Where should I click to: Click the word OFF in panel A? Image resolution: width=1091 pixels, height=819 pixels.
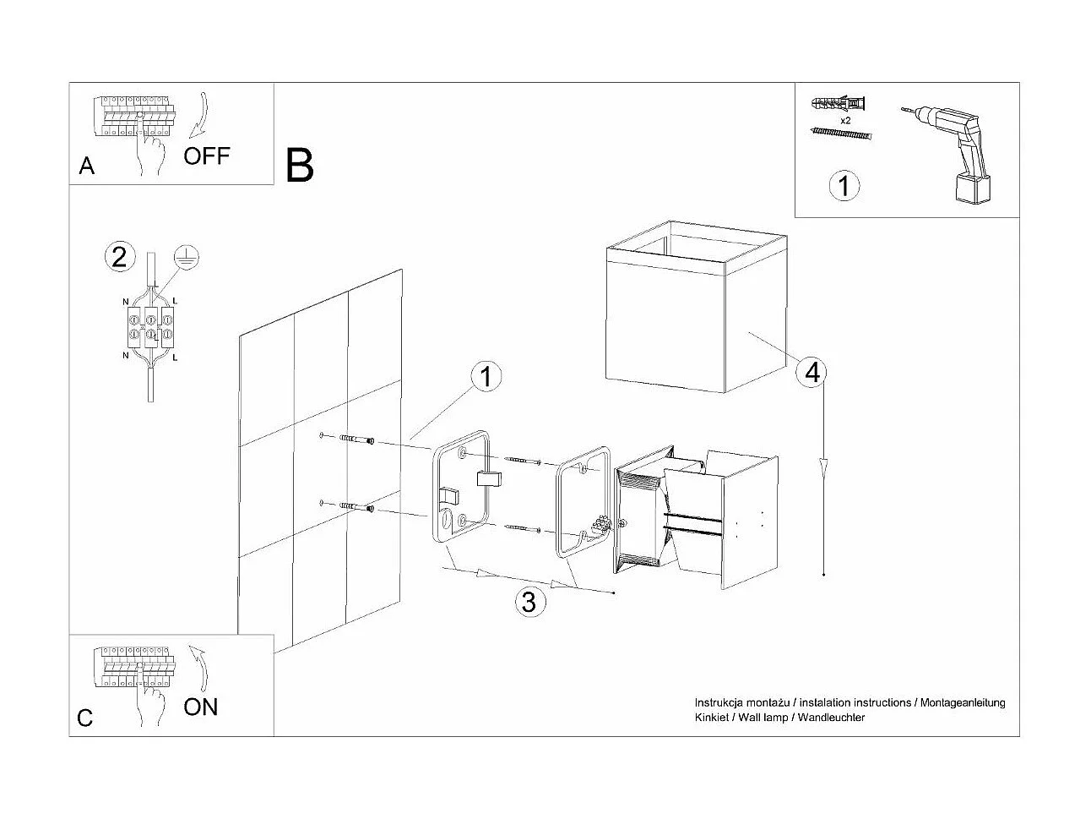point(206,156)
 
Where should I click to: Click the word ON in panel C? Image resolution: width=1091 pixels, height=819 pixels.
point(200,707)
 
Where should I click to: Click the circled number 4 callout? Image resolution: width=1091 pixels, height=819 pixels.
point(812,372)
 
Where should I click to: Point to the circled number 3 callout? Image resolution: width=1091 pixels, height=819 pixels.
point(529,602)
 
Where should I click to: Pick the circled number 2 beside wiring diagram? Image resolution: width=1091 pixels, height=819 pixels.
point(119,256)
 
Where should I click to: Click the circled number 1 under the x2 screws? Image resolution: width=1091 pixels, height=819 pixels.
point(844,185)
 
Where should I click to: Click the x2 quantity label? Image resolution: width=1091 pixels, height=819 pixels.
point(844,121)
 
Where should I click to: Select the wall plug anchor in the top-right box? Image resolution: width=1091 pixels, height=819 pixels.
point(838,104)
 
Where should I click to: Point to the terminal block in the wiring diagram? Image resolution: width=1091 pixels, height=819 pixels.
point(149,328)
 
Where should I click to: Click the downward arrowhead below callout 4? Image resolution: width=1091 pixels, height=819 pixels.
point(823,466)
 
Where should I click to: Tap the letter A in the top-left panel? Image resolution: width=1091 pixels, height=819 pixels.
point(86,167)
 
